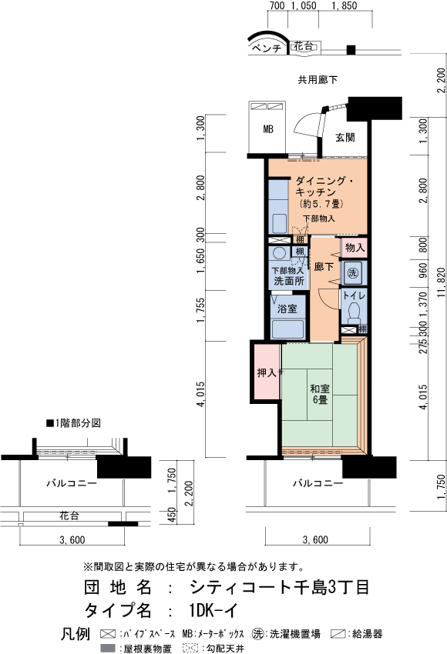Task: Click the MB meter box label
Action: pos(268,129)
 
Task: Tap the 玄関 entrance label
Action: pos(345,137)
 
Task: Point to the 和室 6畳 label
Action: pos(320,394)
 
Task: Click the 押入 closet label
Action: pos(267,372)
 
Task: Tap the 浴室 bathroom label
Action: pos(287,309)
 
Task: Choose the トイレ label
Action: pos(354,295)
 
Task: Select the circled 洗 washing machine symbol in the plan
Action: pos(353,273)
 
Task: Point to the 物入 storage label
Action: pos(355,247)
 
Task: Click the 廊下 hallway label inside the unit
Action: pos(324,266)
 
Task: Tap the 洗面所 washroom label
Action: pos(289,281)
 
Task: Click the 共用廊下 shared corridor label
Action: pos(318,80)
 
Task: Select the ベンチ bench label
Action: pos(267,48)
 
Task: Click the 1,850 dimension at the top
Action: pos(344,5)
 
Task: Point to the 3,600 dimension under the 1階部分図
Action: pos(72,540)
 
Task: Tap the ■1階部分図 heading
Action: pos(73,423)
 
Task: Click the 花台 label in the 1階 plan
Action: pos(69,516)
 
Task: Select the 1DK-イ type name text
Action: pos(213,611)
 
